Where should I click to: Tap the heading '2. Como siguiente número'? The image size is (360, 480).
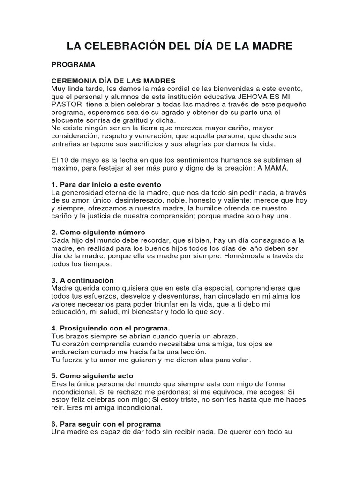pos(98,232)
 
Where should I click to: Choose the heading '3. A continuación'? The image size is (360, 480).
pos(82,280)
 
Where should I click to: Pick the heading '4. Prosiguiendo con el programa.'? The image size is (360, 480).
pos(110,328)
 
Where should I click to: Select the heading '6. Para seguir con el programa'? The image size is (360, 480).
pos(106,424)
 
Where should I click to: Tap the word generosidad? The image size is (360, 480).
pos(82,192)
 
